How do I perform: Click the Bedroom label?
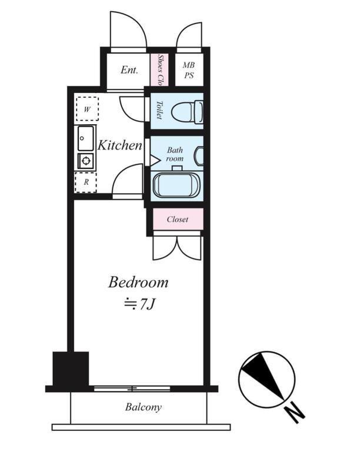tap(138, 283)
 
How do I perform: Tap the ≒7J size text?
tap(140, 304)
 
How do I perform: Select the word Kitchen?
tap(119, 145)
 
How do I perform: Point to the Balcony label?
tap(144, 407)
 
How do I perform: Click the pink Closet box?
tap(178, 219)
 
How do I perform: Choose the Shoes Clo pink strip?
tap(159, 69)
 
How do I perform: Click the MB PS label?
tap(189, 70)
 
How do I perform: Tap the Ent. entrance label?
tap(129, 70)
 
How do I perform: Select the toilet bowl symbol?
tap(187, 112)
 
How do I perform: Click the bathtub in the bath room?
tap(176, 185)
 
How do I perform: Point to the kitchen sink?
tap(86, 138)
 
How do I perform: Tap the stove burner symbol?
tap(86, 161)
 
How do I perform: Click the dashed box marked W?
tap(87, 109)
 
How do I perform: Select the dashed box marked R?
tap(86, 182)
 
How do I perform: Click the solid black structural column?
tap(71, 369)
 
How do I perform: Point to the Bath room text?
tap(175, 154)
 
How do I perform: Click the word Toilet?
tap(159, 110)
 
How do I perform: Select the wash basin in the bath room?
tap(199, 155)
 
